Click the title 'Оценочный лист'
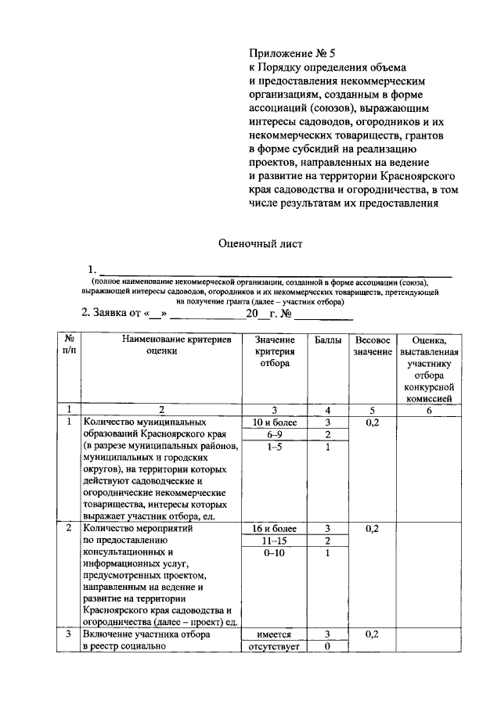[x=259, y=243]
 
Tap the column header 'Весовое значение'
[x=372, y=346]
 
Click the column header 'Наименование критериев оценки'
[x=161, y=346]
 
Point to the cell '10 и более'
[x=273, y=422]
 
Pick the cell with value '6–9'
[x=273, y=435]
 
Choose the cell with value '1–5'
[x=273, y=447]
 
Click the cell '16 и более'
[x=273, y=529]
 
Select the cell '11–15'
[x=273, y=541]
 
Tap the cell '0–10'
[x=273, y=553]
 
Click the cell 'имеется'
[x=273, y=635]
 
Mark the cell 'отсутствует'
[x=273, y=647]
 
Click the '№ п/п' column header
[x=69, y=346]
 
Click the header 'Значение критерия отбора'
[x=273, y=351]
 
